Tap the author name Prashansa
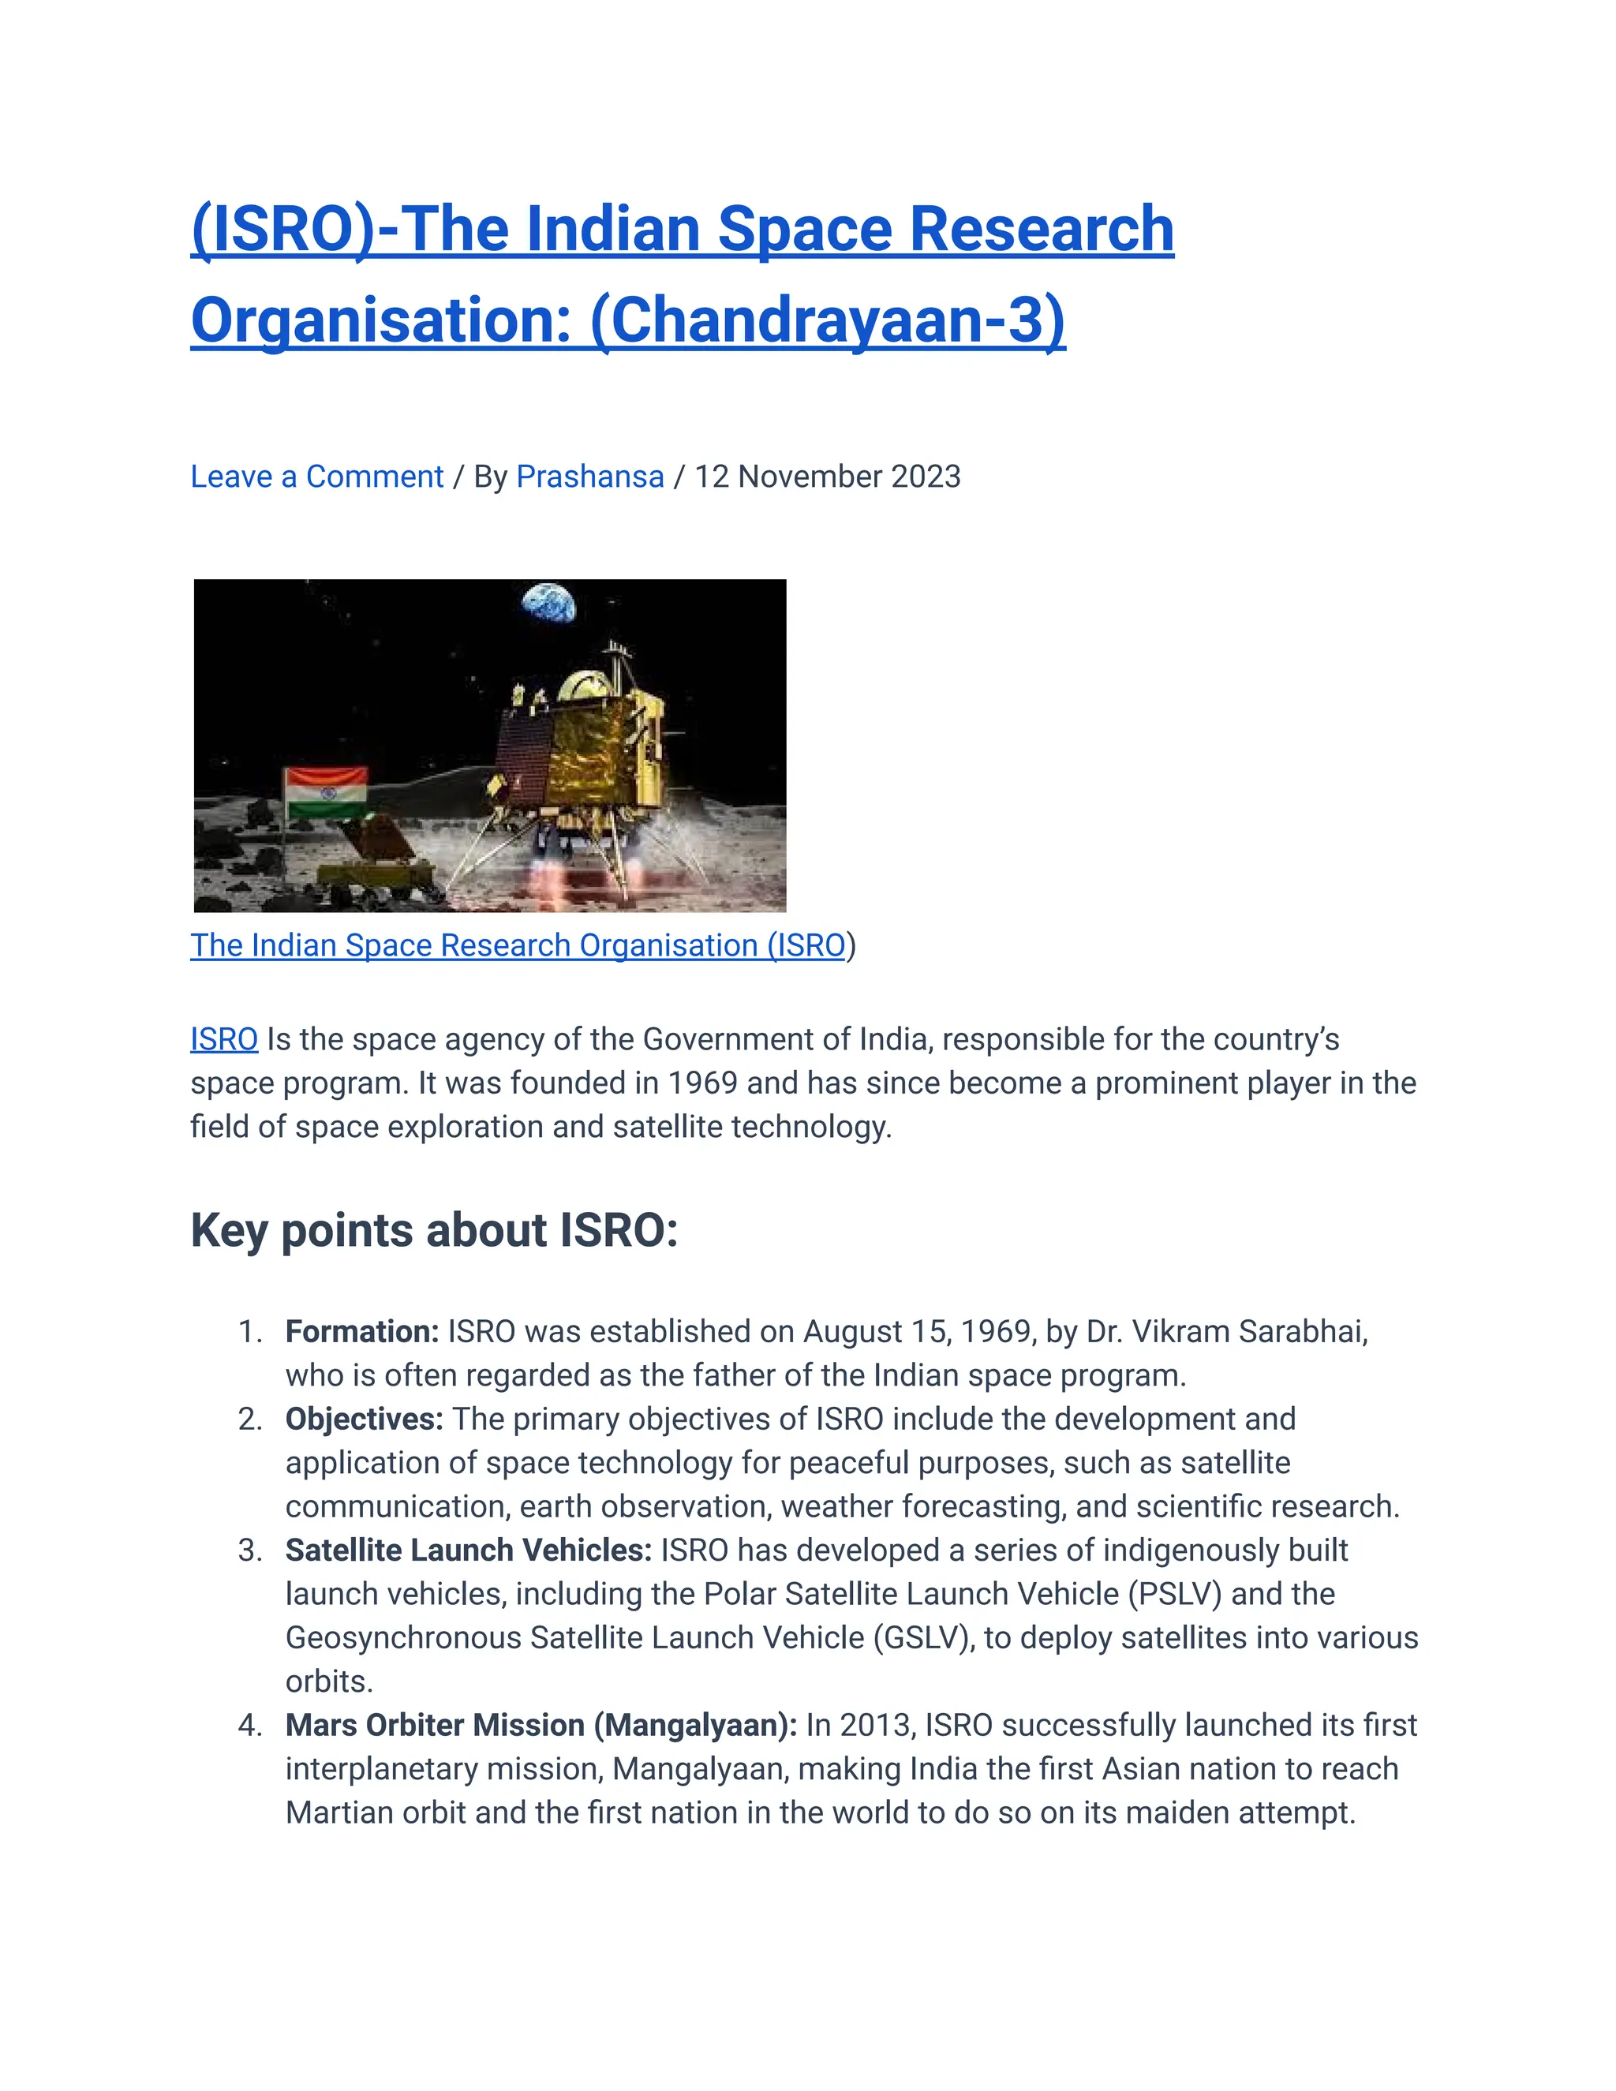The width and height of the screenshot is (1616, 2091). tap(589, 477)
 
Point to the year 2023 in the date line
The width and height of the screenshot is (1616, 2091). tap(925, 477)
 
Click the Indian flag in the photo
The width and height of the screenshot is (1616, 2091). tap(327, 791)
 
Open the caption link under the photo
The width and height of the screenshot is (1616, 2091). tap(517, 945)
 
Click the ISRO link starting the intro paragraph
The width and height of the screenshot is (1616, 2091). tap(224, 1039)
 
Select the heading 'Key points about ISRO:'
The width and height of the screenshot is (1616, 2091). tap(434, 1230)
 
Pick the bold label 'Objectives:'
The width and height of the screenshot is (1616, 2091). tap(364, 1419)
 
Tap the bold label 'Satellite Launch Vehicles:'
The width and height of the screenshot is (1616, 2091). tap(468, 1550)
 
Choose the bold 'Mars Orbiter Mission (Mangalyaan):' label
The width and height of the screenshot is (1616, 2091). tap(541, 1724)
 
